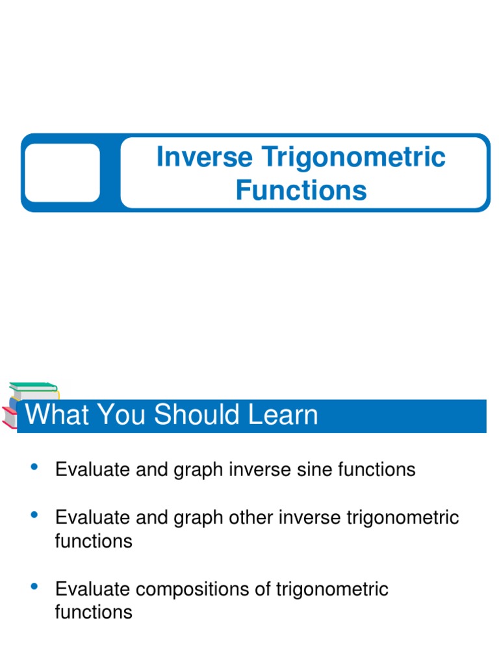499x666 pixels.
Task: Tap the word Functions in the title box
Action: [301, 191]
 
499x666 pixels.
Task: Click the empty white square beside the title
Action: [62, 173]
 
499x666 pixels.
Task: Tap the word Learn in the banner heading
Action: [283, 416]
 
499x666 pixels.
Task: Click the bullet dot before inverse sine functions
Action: [35, 467]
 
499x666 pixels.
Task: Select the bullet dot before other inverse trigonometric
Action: [35, 516]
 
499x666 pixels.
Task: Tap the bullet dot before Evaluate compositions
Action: [35, 587]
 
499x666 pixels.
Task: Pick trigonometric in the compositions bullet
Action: [333, 590]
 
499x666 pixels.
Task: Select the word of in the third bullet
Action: [266, 590]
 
